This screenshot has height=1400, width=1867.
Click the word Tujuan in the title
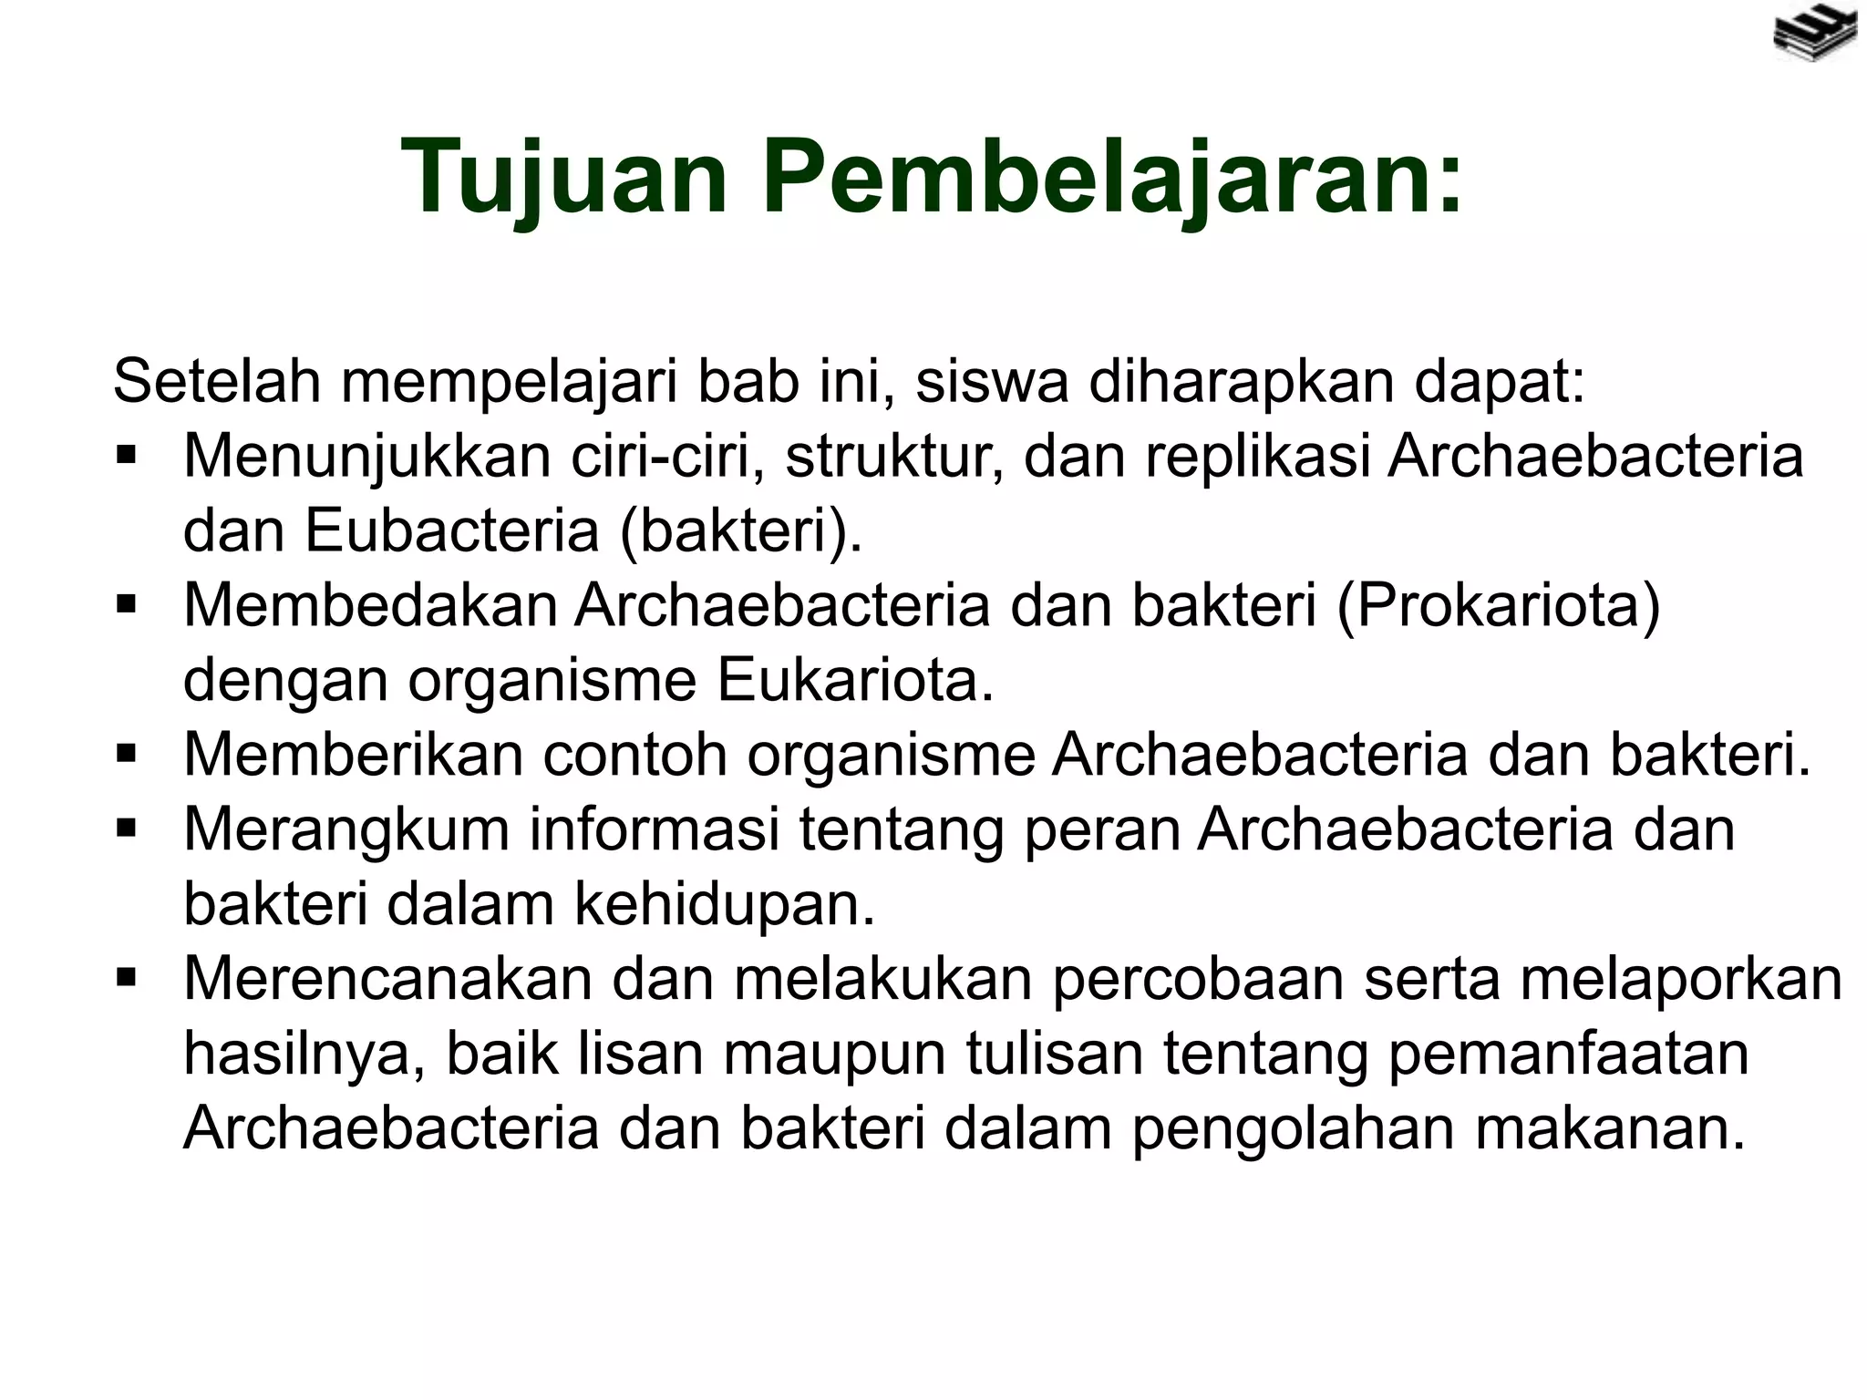point(565,176)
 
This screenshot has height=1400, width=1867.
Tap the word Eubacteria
point(451,530)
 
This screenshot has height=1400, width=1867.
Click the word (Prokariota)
point(1498,605)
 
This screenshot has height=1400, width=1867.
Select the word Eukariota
point(855,680)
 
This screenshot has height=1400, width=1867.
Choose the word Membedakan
point(370,605)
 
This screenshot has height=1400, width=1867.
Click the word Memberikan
point(354,755)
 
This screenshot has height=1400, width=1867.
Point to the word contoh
point(634,755)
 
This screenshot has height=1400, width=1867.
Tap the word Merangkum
point(347,829)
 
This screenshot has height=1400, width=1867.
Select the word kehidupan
point(724,904)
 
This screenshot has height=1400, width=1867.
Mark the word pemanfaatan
point(1568,1054)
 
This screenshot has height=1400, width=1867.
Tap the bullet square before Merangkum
point(126,829)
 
